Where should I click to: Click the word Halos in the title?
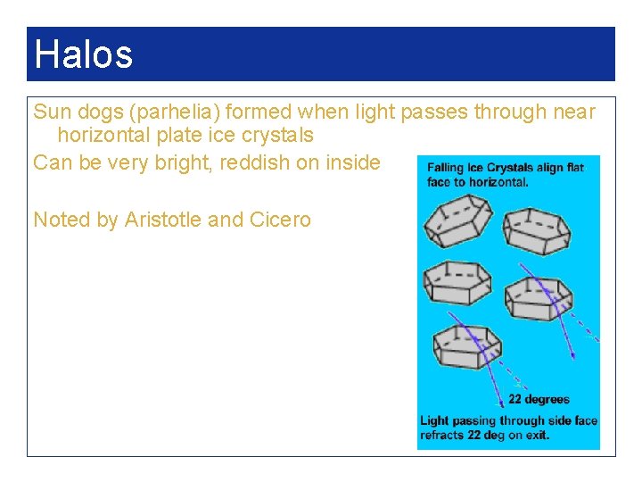tap(83, 54)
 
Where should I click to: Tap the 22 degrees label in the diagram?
tap(539, 399)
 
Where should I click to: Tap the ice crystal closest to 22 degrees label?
tap(465, 347)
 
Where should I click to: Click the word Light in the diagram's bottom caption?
tap(434, 421)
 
